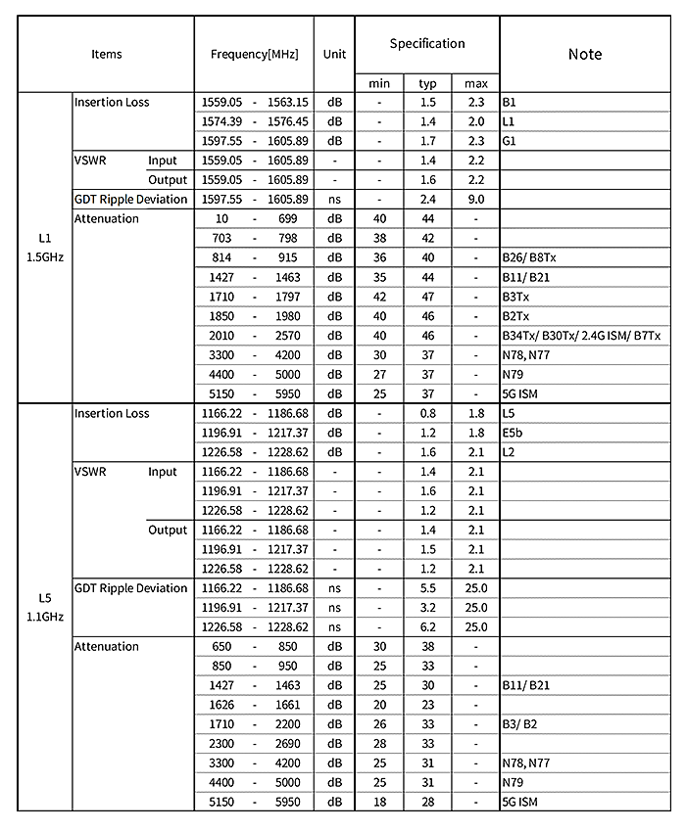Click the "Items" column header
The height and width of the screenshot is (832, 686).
click(107, 54)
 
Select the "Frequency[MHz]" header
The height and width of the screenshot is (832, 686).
click(254, 54)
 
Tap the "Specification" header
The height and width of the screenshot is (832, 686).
click(427, 44)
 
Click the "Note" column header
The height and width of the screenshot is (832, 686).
click(585, 54)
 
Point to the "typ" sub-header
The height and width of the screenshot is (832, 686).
click(427, 83)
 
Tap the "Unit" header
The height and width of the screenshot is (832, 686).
click(334, 54)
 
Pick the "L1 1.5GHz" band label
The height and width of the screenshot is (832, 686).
click(45, 248)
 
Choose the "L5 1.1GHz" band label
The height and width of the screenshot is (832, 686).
click(45, 607)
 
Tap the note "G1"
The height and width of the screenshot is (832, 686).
click(509, 141)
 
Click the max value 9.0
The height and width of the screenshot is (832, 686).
click(476, 200)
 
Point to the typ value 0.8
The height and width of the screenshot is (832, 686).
click(427, 413)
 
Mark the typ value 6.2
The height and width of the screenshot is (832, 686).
click(427, 626)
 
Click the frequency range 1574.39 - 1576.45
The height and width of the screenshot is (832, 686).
click(254, 121)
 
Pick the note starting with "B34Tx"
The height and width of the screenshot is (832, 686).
click(581, 336)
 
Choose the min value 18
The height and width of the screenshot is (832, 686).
click(379, 802)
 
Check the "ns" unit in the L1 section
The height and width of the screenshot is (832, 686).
click(334, 200)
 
